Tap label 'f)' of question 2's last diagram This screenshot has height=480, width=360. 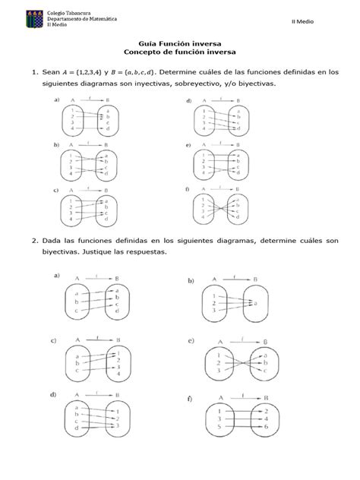pyautogui.click(x=191, y=398)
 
